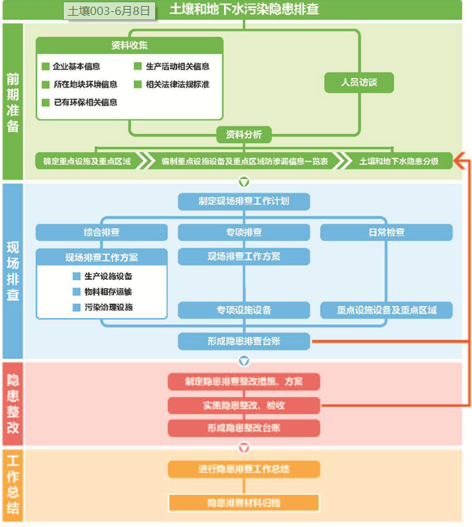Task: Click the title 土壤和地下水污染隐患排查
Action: [x=243, y=10]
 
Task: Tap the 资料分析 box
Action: [x=243, y=135]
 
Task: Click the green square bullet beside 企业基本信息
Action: [x=46, y=67]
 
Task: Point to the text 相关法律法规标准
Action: [x=178, y=85]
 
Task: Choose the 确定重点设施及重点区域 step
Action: [x=87, y=161]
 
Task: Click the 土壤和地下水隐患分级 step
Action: [x=399, y=161]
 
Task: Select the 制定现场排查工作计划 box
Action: [x=243, y=201]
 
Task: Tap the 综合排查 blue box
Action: [x=101, y=232]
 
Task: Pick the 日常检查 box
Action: [x=387, y=232]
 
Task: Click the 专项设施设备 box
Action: [x=243, y=310]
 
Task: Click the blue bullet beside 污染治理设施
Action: [x=76, y=308]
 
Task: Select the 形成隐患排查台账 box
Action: [x=243, y=342]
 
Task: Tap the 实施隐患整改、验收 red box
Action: [x=243, y=406]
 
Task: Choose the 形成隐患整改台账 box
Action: [x=243, y=428]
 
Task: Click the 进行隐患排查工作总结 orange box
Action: [x=243, y=469]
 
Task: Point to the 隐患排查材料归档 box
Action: [x=243, y=503]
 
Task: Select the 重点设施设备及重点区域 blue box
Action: [x=387, y=310]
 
